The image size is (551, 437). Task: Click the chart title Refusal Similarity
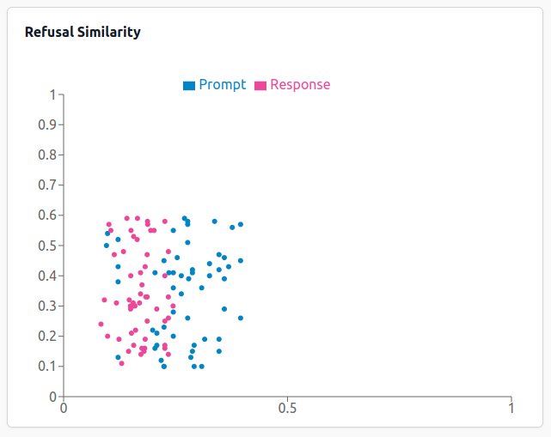click(83, 33)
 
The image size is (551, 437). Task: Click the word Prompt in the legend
click(222, 84)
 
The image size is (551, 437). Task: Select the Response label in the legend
click(300, 84)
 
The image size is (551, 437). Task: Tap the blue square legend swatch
click(188, 85)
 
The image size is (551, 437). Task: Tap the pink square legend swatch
click(260, 85)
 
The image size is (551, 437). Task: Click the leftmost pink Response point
click(101, 324)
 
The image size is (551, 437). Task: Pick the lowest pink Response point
click(121, 363)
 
